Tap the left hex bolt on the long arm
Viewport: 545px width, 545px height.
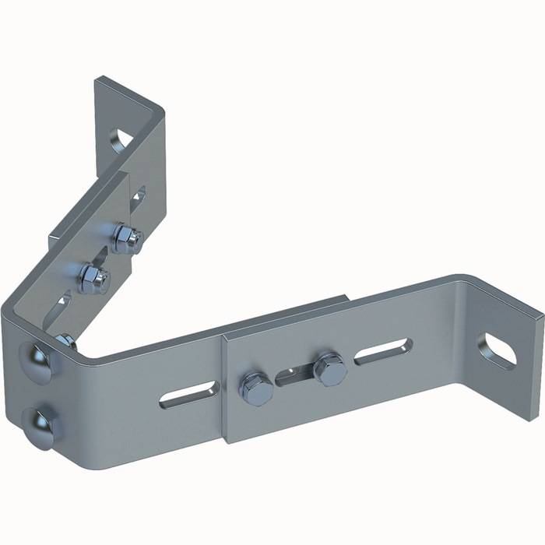[256, 387]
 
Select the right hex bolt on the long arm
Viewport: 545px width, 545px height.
[330, 369]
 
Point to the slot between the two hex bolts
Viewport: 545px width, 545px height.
[294, 376]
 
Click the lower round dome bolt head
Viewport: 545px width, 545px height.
[36, 425]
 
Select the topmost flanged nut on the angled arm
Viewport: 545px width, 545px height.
[125, 237]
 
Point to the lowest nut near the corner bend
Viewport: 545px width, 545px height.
[67, 340]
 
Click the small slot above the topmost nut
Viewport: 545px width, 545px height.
[138, 198]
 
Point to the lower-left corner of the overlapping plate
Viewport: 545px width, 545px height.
[228, 441]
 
